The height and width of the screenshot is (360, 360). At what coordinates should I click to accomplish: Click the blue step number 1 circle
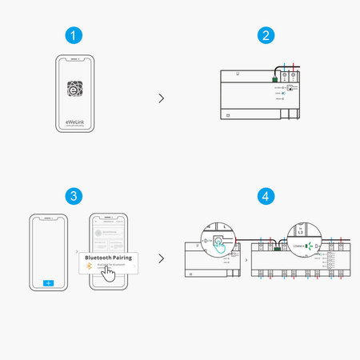pyautogui.click(x=74, y=36)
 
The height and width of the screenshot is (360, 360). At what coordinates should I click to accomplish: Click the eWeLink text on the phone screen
pyautogui.click(x=74, y=121)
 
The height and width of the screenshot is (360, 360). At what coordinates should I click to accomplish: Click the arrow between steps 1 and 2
pyautogui.click(x=162, y=98)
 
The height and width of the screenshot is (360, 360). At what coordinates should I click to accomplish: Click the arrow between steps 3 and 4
pyautogui.click(x=162, y=258)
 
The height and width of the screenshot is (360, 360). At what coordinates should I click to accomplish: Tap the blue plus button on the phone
pyautogui.click(x=48, y=283)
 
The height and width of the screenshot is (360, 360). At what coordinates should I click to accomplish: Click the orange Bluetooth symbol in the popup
pyautogui.click(x=89, y=266)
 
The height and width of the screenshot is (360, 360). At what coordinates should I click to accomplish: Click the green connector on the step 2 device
pyautogui.click(x=275, y=78)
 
